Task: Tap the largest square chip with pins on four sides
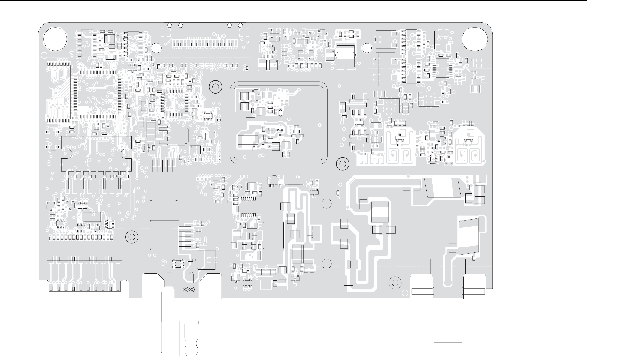[98, 94]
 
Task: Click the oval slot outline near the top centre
[345, 55]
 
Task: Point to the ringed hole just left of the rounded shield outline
[215, 87]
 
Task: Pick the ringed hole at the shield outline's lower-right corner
[343, 164]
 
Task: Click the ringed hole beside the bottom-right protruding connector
[395, 283]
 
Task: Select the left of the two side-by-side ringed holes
[186, 289]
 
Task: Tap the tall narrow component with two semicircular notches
[326, 233]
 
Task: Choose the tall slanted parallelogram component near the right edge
[469, 236]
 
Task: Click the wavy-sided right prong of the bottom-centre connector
[191, 338]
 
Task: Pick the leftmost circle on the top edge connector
[169, 25]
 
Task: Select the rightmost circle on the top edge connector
[240, 25]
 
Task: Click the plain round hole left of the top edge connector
[156, 48]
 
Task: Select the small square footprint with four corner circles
[178, 264]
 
